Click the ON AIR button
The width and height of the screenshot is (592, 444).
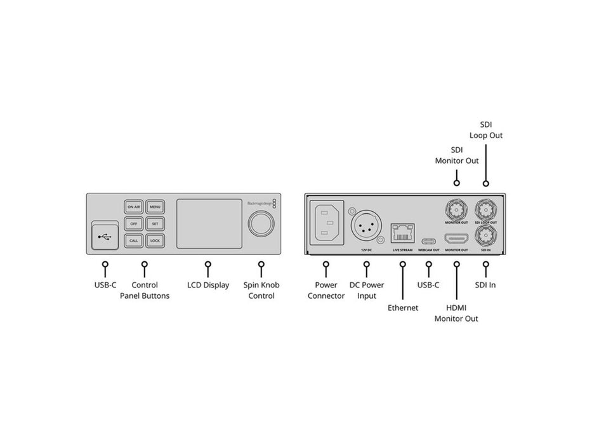click(134, 207)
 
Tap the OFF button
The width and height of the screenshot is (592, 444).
click(134, 224)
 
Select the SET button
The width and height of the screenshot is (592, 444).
click(155, 224)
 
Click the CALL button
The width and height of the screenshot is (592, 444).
click(134, 241)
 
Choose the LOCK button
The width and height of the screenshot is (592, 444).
click(155, 241)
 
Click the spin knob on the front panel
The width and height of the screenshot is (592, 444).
click(261, 224)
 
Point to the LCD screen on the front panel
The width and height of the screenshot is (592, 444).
click(207, 224)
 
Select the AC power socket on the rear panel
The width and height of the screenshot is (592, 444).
click(326, 223)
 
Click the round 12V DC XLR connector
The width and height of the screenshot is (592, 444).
click(365, 225)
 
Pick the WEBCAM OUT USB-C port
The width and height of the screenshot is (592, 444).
click(429, 241)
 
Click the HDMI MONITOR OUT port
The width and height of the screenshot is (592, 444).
click(456, 240)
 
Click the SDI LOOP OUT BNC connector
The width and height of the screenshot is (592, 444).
click(487, 209)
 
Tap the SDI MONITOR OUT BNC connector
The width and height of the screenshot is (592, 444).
click(456, 209)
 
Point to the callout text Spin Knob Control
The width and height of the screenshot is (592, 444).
click(261, 291)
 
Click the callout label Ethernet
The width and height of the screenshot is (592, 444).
click(403, 308)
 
